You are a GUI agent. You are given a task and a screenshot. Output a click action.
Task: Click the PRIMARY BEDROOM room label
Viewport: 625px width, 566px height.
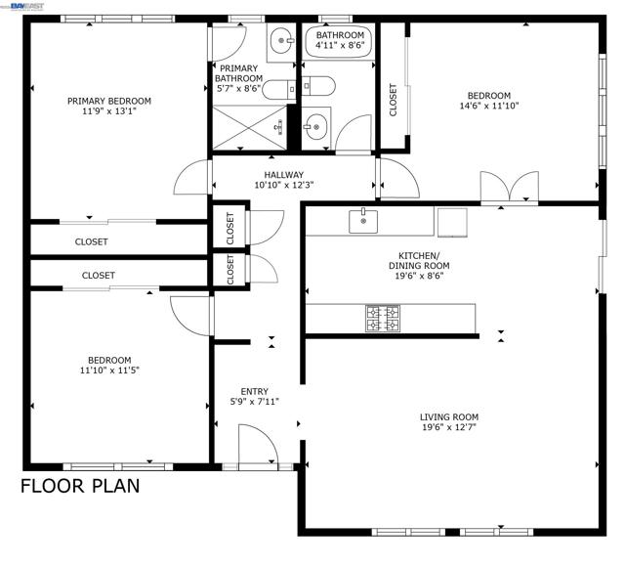tap(108, 101)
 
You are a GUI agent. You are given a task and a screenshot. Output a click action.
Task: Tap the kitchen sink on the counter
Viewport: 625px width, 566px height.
tap(363, 221)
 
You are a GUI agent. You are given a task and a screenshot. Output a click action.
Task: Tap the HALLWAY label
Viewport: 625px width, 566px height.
tap(283, 175)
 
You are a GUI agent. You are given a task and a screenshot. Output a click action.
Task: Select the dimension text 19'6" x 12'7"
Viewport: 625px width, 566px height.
tap(450, 428)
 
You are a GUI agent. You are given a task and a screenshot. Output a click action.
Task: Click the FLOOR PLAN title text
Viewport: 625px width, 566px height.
tap(80, 486)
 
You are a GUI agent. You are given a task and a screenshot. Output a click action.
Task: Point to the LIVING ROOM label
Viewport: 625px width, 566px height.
tap(450, 416)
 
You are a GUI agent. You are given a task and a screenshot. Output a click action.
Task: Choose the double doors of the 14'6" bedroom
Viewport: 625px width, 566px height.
tap(509, 187)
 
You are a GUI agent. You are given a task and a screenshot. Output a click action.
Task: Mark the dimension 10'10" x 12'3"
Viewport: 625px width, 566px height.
tap(283, 186)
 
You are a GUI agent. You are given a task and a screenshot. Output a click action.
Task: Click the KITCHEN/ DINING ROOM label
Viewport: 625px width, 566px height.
tap(419, 259)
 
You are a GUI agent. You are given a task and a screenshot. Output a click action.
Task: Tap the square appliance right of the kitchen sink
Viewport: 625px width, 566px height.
tap(452, 222)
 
